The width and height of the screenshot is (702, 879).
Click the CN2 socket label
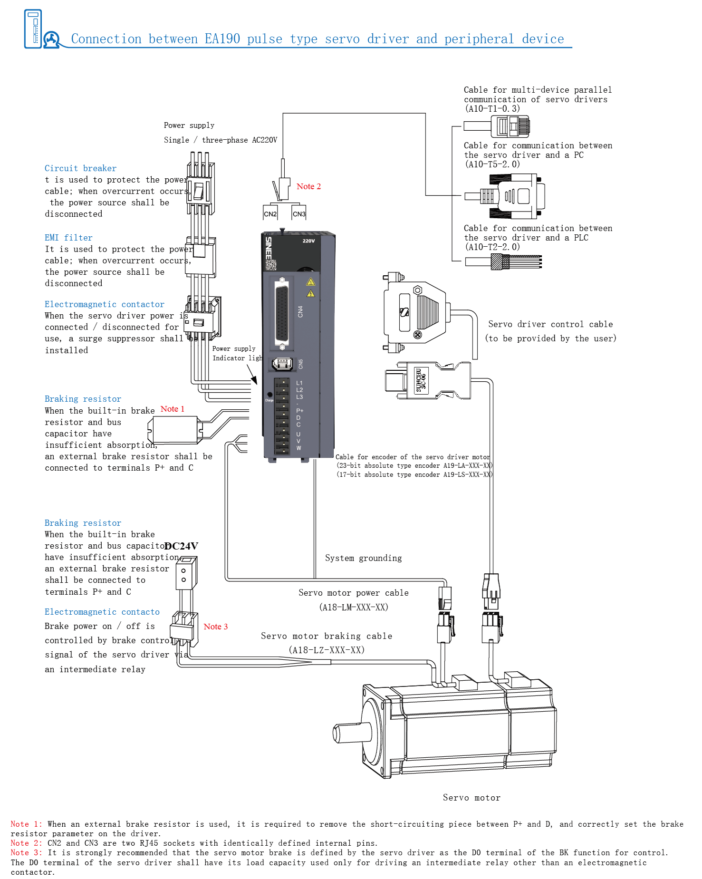pyautogui.click(x=270, y=214)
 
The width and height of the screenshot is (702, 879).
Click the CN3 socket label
pyautogui.click(x=299, y=214)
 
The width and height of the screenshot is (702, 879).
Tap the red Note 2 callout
pyautogui.click(x=308, y=186)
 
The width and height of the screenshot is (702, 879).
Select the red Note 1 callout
pyautogui.click(x=172, y=409)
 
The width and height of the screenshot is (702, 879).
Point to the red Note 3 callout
pyautogui.click(x=215, y=627)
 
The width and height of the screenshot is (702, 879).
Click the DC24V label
pyautogui.click(x=182, y=546)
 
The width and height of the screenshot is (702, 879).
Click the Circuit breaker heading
pyautogui.click(x=80, y=168)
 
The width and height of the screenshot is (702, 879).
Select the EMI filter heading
pyautogui.click(x=68, y=238)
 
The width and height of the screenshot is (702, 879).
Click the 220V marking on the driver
pyautogui.click(x=308, y=241)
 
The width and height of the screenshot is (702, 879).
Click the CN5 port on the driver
pyautogui.click(x=282, y=364)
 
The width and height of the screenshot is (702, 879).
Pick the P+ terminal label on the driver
pyautogui.click(x=299, y=410)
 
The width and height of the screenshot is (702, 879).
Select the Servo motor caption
pyautogui.click(x=471, y=798)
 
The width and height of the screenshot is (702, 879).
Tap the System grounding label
pyautogui.click(x=363, y=558)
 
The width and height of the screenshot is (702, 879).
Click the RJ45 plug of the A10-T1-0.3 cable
pyautogui.click(x=513, y=126)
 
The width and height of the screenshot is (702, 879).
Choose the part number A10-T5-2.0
pyautogui.click(x=492, y=164)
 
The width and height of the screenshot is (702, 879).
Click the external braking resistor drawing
pyautogui.click(x=174, y=430)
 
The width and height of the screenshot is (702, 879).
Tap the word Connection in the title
pyautogui.click(x=106, y=39)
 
